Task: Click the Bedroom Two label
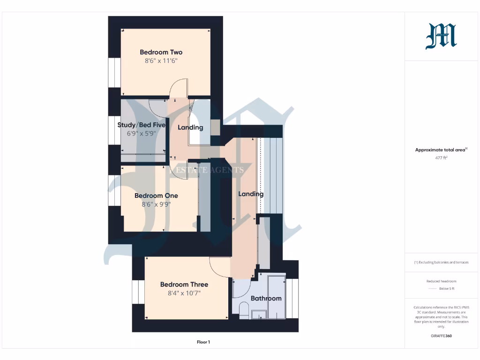(x=161, y=52)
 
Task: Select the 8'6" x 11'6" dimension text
(x=161, y=61)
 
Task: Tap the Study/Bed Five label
(x=141, y=125)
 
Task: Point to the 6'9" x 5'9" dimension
(x=141, y=133)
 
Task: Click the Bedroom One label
(x=156, y=195)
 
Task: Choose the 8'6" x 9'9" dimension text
(x=156, y=204)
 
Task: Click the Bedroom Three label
(x=184, y=284)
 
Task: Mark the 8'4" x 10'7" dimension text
(x=184, y=293)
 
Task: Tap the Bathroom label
(x=266, y=298)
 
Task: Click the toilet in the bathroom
(x=244, y=310)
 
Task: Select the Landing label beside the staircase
(x=251, y=194)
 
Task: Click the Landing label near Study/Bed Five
(x=190, y=127)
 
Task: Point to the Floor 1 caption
(x=203, y=342)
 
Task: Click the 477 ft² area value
(x=441, y=158)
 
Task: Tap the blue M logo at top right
(x=441, y=37)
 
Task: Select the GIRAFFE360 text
(x=441, y=336)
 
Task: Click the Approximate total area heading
(x=440, y=150)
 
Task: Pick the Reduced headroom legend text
(x=441, y=281)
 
